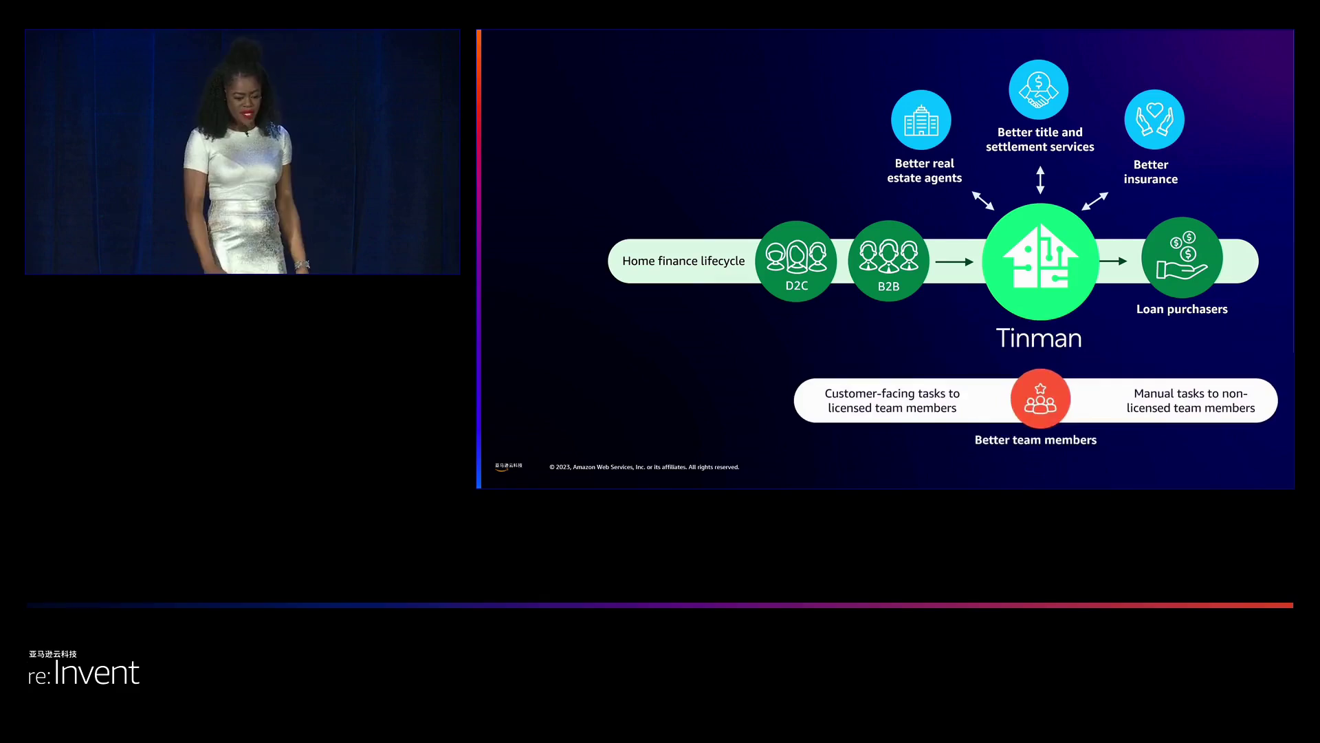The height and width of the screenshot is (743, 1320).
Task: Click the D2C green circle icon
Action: coord(796,261)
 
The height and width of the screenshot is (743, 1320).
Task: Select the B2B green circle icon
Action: coord(888,261)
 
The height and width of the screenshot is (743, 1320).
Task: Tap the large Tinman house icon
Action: coord(1040,261)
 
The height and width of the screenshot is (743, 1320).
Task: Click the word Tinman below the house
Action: coord(1039,338)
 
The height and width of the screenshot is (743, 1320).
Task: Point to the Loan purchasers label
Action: coord(1182,310)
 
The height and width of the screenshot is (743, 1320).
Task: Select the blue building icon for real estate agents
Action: coord(921,120)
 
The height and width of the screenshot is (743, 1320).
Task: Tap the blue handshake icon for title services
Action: coord(1039,90)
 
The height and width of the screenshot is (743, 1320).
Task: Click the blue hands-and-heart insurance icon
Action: coord(1154,120)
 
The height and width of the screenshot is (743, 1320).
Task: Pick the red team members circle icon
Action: coord(1040,399)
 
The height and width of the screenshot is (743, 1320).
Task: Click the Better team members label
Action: coord(1035,440)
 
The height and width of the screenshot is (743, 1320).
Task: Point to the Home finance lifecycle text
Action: coord(683,261)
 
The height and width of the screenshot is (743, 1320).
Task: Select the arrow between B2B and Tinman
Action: coord(954,262)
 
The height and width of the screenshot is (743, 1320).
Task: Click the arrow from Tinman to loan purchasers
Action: coord(1113,261)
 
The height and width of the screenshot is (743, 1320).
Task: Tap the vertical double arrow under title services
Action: coord(1040,180)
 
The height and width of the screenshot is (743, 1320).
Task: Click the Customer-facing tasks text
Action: coord(892,400)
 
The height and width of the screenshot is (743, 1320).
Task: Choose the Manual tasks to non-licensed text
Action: coord(1191,400)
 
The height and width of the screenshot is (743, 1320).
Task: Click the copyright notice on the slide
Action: coord(644,467)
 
